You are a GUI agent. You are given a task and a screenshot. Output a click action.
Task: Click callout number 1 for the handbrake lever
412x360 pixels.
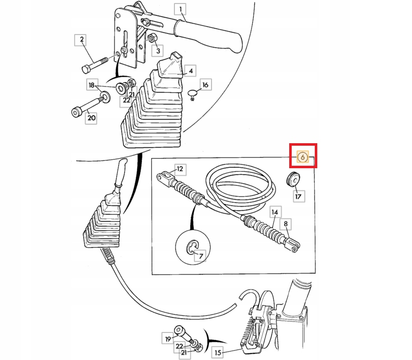[x=179, y=9]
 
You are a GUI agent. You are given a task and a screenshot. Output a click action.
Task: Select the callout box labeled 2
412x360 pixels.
[x=80, y=40]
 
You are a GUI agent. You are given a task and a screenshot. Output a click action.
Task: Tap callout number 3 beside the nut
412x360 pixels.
[x=157, y=51]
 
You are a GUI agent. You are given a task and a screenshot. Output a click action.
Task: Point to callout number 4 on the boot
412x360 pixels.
[x=190, y=71]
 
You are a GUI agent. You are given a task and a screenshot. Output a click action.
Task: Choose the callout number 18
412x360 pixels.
[x=91, y=86]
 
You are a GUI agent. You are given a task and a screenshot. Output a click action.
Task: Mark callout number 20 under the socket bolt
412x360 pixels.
[x=91, y=118]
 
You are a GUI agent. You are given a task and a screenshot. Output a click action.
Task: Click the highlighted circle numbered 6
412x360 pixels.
[x=303, y=157]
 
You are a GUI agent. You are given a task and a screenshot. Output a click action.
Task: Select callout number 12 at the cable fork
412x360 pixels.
[x=180, y=169]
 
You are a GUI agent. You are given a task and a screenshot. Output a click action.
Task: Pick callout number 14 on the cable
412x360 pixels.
[x=275, y=212]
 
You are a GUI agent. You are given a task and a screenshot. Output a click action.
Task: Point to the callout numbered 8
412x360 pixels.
[x=286, y=224]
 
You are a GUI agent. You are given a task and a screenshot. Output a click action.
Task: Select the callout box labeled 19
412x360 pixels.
[x=168, y=338]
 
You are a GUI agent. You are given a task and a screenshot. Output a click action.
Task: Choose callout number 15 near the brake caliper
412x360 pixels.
[x=217, y=352]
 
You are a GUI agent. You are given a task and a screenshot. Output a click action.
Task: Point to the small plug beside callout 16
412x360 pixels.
[x=192, y=93]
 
